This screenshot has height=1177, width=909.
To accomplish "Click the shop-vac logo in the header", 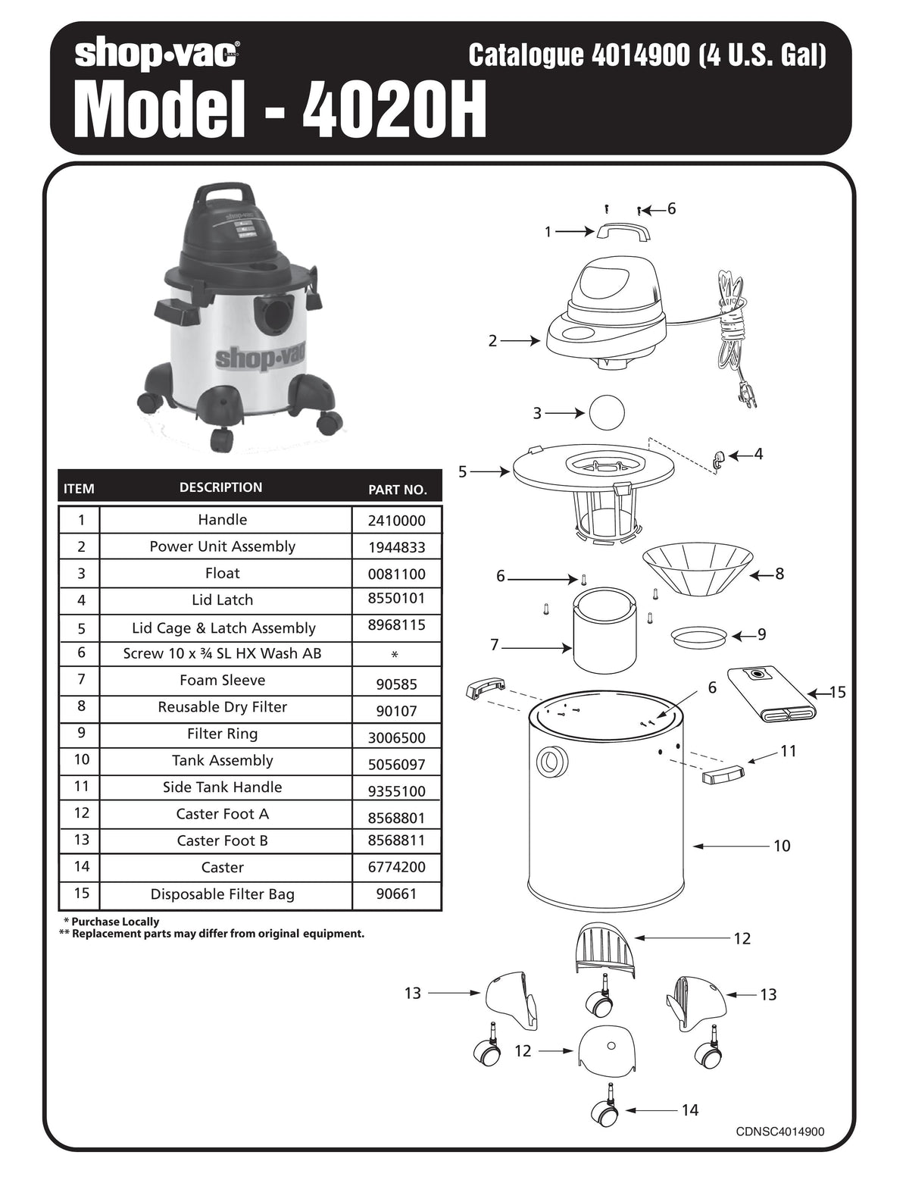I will [x=158, y=55].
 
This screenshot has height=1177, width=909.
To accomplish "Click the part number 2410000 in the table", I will [x=396, y=521].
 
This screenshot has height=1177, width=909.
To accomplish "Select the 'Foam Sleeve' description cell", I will [x=222, y=681].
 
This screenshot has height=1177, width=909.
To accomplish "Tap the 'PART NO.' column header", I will [x=397, y=490].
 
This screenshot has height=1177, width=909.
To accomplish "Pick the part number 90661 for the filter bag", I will [x=396, y=894].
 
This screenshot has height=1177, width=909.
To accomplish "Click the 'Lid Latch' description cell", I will [x=222, y=600].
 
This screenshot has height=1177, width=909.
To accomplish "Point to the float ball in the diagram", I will [x=607, y=413].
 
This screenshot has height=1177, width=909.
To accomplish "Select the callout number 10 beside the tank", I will [x=782, y=846].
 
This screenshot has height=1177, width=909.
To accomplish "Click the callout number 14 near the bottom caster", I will [x=689, y=1110].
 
